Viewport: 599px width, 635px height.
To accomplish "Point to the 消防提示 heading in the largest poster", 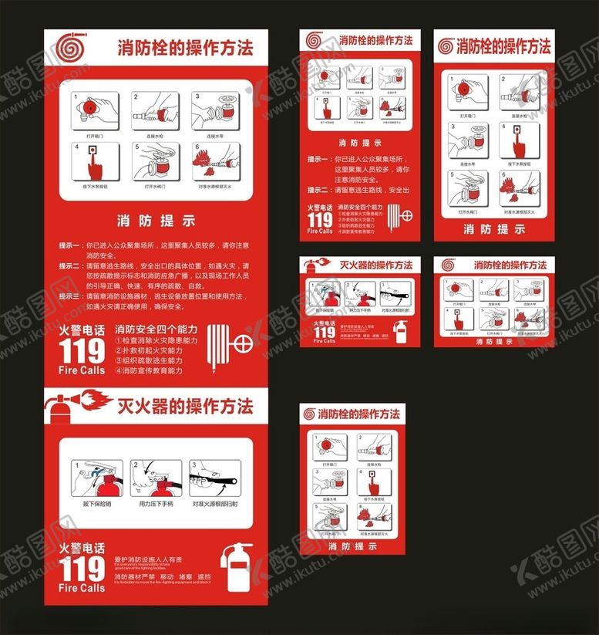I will coord(156,221).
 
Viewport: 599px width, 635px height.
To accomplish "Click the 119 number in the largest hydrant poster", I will coord(82,351).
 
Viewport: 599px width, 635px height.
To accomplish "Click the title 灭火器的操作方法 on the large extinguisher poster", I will coord(184,406).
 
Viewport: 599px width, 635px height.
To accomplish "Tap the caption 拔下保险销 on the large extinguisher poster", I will coord(97,504).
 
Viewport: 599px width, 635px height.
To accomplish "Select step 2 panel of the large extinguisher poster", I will coord(156,478).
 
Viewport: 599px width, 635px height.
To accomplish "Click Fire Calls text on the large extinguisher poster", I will coord(82,588).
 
